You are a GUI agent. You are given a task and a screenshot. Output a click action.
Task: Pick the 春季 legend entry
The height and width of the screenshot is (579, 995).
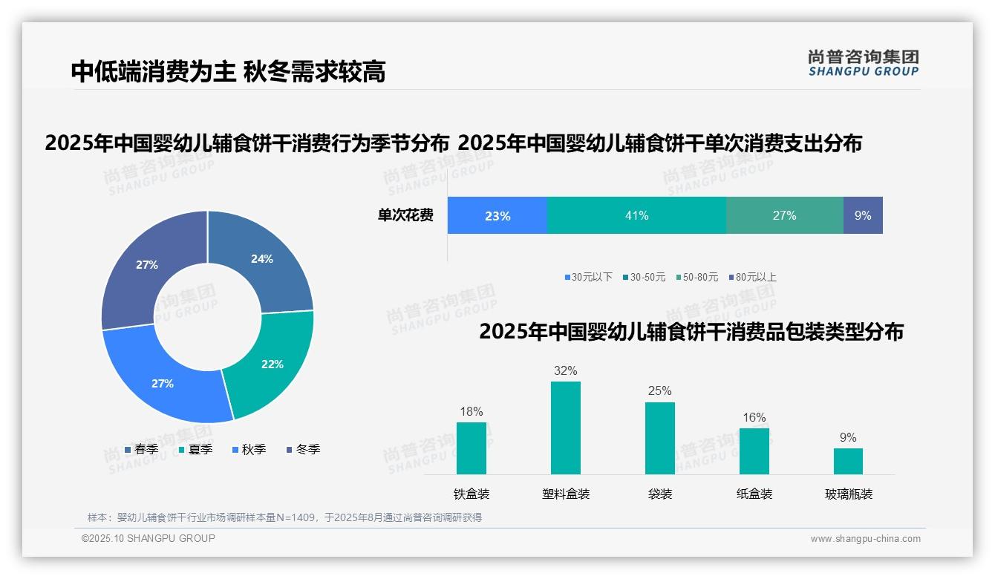[142, 449]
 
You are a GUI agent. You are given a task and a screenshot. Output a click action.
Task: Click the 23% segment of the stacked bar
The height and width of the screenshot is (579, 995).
[497, 216]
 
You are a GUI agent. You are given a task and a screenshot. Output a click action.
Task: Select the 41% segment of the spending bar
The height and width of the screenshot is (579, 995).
[636, 216]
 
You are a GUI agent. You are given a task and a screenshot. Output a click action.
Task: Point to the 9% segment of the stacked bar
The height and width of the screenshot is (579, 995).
[863, 216]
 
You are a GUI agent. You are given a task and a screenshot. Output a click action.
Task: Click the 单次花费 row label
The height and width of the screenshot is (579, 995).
[405, 216]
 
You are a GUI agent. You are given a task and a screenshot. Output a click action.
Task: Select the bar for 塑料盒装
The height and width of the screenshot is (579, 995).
[565, 428]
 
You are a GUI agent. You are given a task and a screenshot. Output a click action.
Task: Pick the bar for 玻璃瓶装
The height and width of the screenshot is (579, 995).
[848, 461]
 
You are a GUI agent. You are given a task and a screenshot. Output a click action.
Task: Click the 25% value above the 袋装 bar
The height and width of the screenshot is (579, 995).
[659, 390]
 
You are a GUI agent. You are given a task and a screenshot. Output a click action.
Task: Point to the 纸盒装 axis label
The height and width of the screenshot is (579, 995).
[754, 494]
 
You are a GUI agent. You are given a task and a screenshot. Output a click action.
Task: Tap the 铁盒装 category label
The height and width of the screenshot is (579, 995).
[472, 494]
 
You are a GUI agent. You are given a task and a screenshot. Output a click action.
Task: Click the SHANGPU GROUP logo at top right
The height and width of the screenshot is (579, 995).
[863, 63]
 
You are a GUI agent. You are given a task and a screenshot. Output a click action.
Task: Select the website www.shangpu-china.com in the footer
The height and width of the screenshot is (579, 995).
[865, 539]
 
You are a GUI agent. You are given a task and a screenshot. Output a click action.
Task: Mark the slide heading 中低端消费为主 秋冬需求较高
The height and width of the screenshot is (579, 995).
[228, 72]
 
